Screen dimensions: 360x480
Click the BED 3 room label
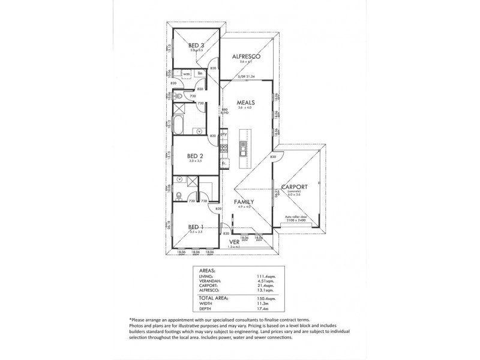tap(196, 46)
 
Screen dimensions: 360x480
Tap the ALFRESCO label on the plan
tap(246, 57)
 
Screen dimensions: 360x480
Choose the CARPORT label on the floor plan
tap(298, 187)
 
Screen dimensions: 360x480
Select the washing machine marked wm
tap(187, 74)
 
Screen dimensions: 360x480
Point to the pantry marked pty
tap(223, 134)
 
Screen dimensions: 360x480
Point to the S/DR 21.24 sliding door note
tap(246, 77)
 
